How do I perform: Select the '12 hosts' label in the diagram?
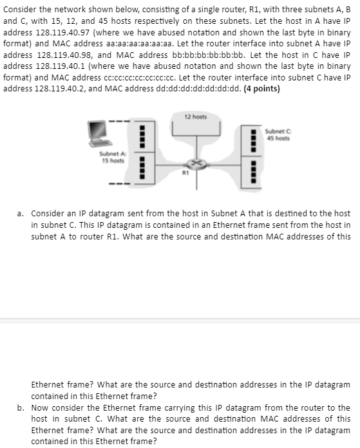point(195,117)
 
